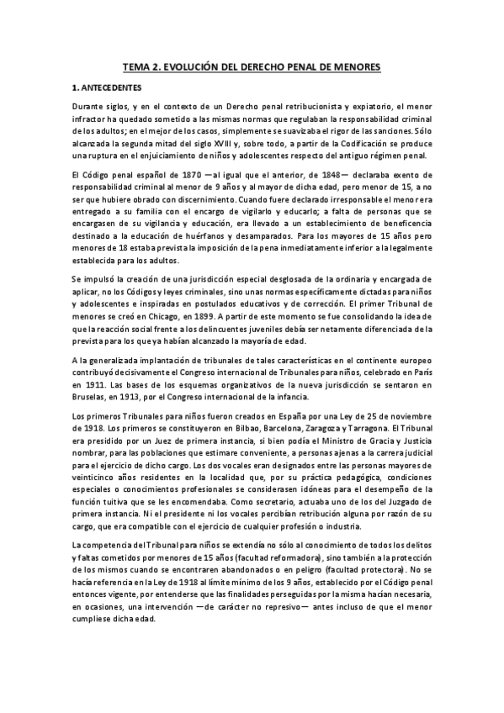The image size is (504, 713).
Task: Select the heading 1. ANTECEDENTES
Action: pyautogui.click(x=107, y=87)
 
